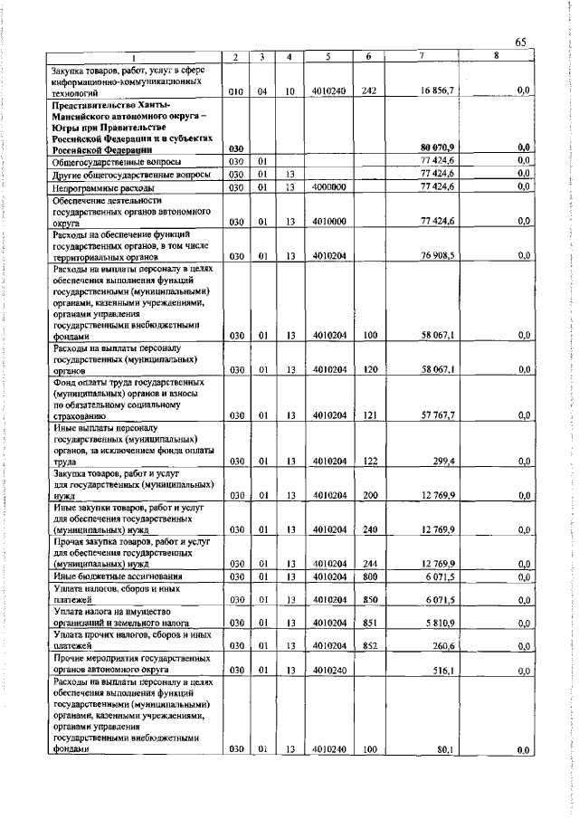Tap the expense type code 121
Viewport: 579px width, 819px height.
369,415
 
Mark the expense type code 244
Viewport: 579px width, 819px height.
369,564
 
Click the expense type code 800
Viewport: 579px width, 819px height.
369,576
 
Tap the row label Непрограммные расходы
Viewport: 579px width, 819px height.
97,186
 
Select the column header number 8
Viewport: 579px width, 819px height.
495,57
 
